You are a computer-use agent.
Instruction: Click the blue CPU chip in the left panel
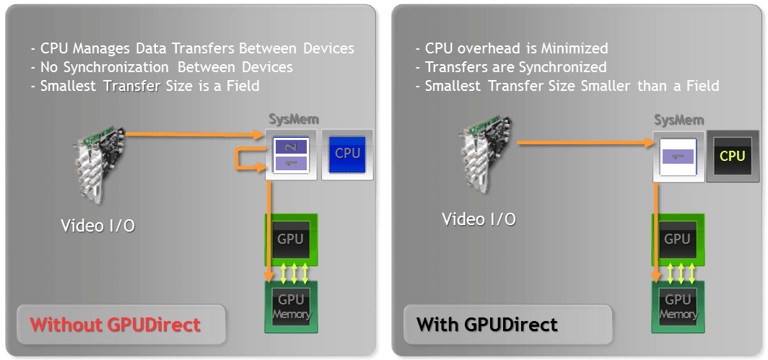coord(347,154)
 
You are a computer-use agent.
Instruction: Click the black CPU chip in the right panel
coord(732,156)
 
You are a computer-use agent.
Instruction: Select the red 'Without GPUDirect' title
coord(115,325)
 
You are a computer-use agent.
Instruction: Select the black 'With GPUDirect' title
coord(487,325)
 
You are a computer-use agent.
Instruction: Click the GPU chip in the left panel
coord(291,239)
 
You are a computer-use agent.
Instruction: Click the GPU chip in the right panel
coord(677,239)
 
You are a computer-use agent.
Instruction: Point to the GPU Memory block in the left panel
coord(291,306)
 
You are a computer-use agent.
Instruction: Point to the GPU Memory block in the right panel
coord(677,306)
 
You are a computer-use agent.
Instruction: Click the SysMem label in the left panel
coord(290,119)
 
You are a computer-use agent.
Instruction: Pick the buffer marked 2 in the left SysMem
coord(291,146)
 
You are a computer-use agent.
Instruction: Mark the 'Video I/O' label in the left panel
coord(97,226)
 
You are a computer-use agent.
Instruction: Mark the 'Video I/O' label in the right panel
coord(479,219)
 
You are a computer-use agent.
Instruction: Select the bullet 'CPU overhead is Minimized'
coord(512,48)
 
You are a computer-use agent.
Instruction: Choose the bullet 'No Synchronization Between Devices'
coord(162,67)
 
